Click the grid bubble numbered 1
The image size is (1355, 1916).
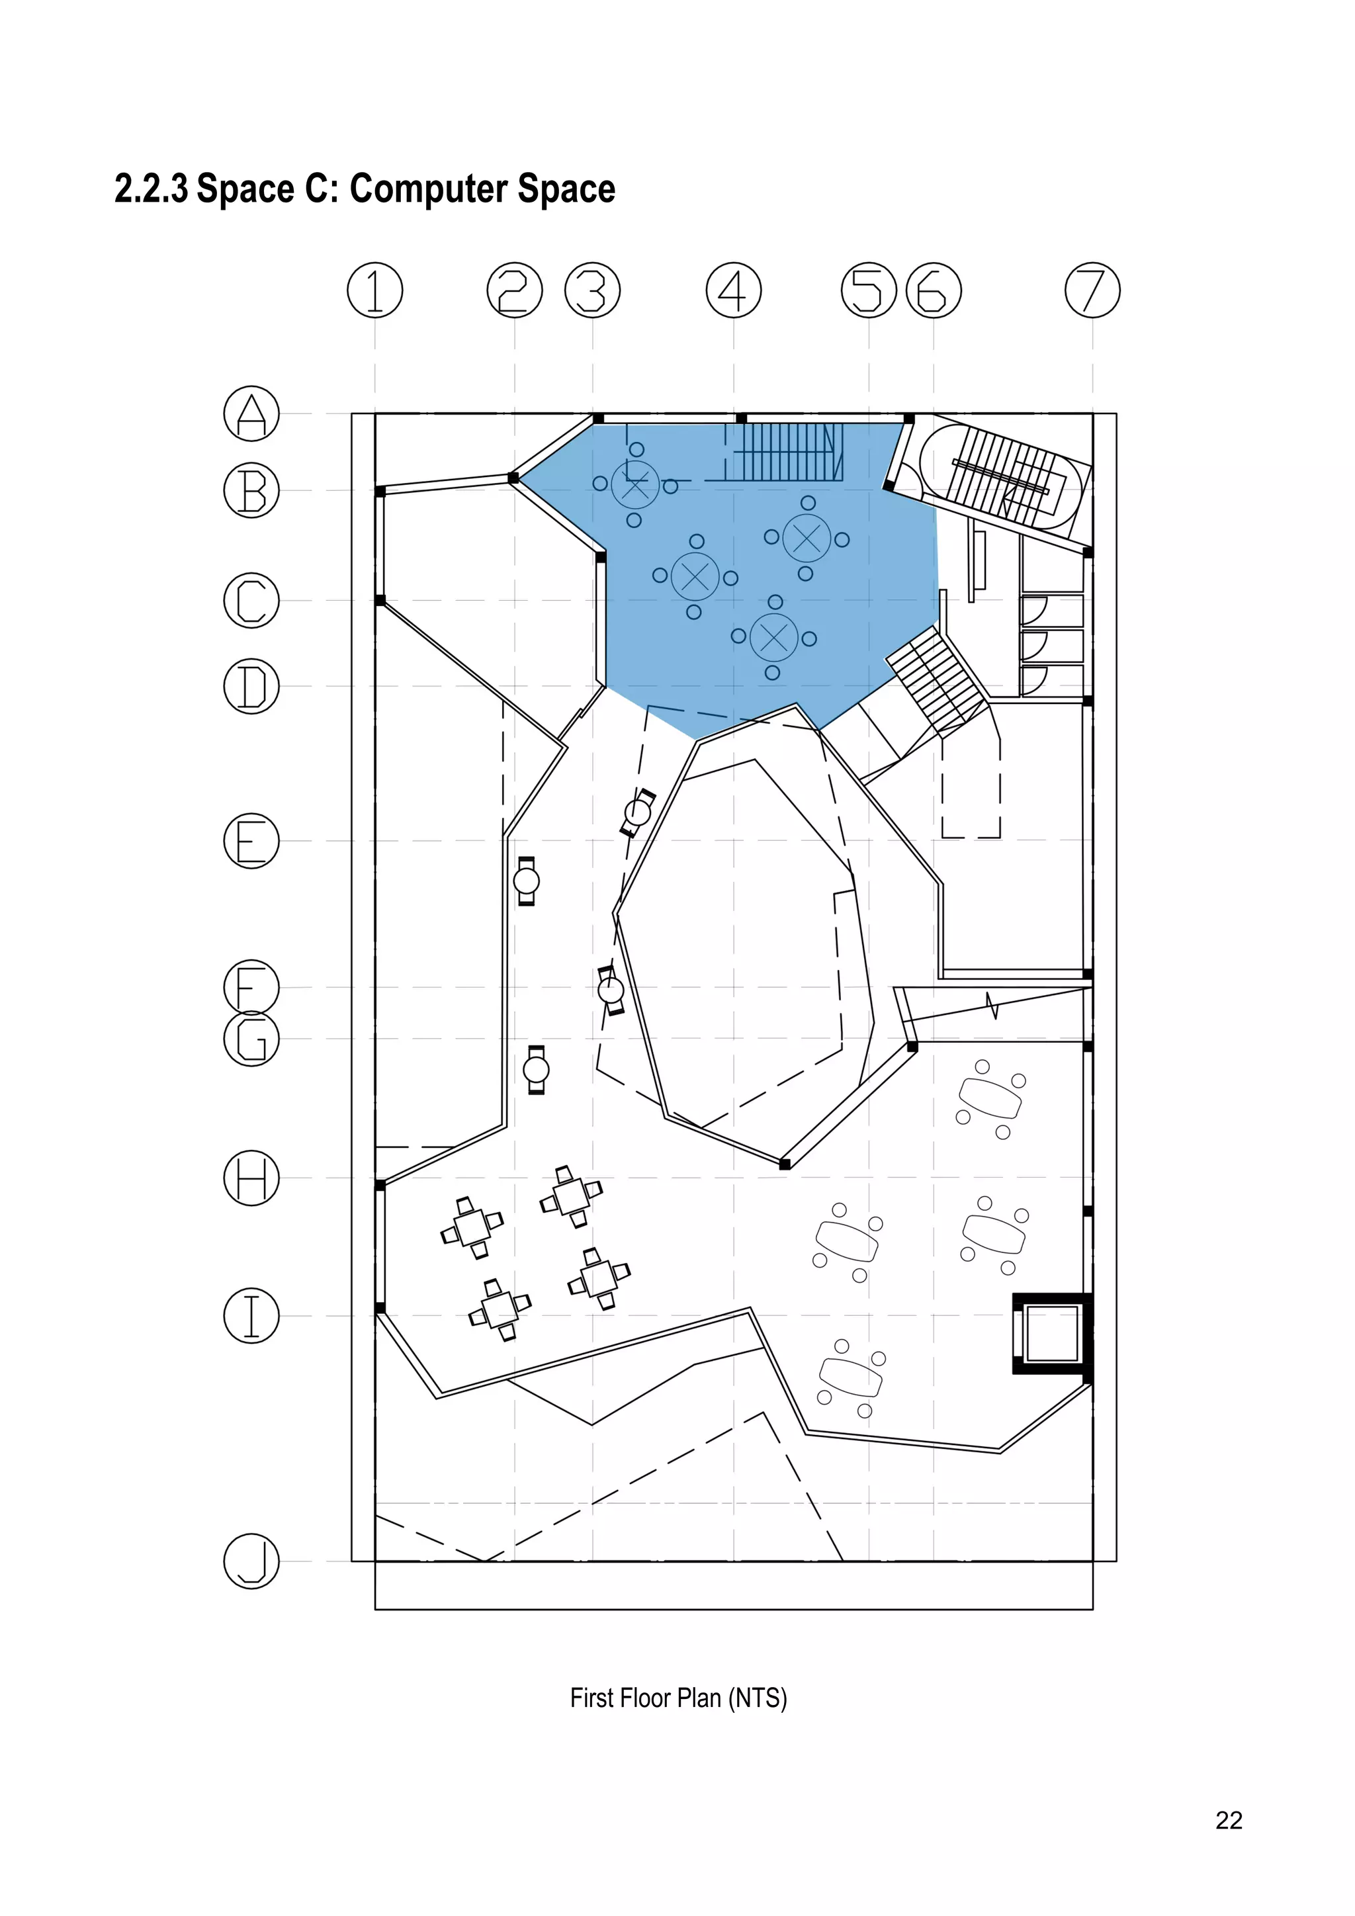[x=374, y=290]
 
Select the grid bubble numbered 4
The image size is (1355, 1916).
[x=733, y=290]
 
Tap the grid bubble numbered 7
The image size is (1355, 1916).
[x=1092, y=290]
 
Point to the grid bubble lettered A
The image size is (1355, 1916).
[x=251, y=413]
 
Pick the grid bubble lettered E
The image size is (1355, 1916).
[x=251, y=840]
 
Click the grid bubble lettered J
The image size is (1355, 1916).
[x=251, y=1561]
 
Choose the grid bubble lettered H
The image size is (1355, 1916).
[x=251, y=1178]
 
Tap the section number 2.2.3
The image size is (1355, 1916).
[x=151, y=189]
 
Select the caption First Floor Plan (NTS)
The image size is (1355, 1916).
[x=677, y=1698]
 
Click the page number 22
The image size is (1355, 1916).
[x=1228, y=1820]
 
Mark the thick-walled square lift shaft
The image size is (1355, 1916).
[x=1052, y=1334]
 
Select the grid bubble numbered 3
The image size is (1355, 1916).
[x=592, y=290]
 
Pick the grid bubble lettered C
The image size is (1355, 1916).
[x=251, y=600]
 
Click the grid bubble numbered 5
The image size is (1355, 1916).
[x=869, y=290]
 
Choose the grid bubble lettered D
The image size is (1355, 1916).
[x=251, y=686]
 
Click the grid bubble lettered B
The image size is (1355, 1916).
[x=251, y=490]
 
